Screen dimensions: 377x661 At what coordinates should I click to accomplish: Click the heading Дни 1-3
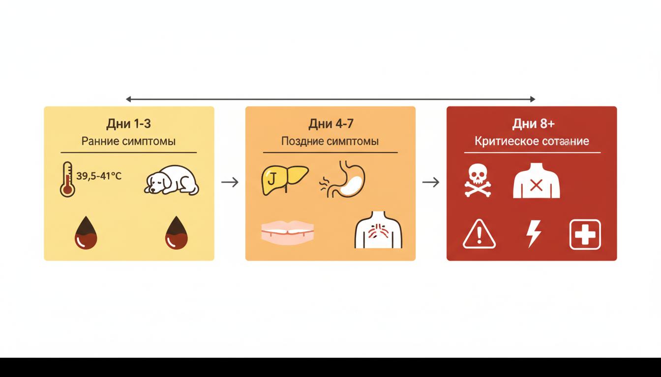(x=128, y=123)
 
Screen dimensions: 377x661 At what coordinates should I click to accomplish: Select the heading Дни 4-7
(x=330, y=123)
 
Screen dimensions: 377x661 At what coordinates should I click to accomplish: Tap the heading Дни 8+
(x=532, y=123)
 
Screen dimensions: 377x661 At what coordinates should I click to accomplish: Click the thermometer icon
(x=67, y=180)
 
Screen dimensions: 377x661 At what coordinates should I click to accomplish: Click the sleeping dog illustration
(x=172, y=181)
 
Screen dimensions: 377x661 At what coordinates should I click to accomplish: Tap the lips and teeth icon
(x=287, y=230)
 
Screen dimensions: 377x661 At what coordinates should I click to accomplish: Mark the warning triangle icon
(x=479, y=235)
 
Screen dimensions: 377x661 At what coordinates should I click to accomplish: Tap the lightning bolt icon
(x=534, y=234)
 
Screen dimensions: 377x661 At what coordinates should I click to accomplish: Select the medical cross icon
(x=585, y=234)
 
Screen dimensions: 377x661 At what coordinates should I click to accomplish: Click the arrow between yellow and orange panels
(x=230, y=182)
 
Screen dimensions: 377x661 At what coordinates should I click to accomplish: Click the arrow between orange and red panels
(x=431, y=182)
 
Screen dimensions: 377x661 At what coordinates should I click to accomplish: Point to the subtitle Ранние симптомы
(x=128, y=141)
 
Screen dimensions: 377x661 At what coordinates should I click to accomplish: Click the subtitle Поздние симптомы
(x=330, y=141)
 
